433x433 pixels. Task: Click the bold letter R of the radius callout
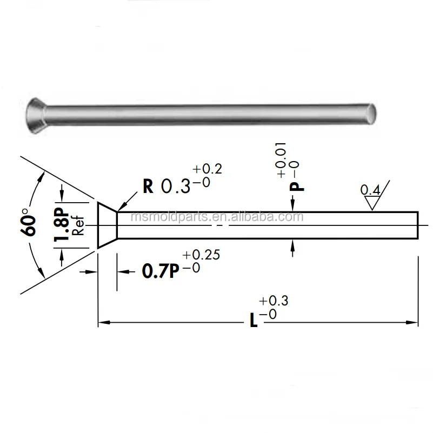(148, 185)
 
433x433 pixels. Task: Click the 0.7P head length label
(160, 271)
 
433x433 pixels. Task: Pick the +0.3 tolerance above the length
(274, 301)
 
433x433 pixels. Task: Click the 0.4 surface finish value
(370, 190)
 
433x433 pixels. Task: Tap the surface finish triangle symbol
(372, 203)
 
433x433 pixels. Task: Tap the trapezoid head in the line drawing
(107, 225)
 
